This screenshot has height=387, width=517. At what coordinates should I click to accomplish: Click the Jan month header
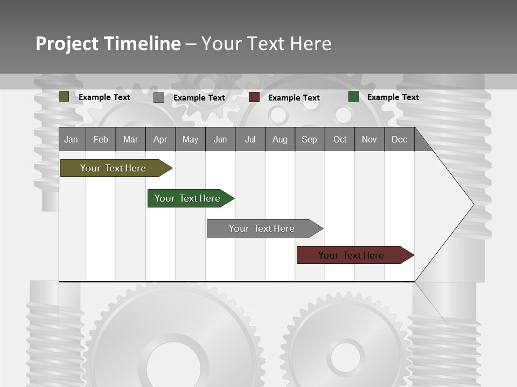(72, 139)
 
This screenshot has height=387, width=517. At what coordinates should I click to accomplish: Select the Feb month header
(101, 139)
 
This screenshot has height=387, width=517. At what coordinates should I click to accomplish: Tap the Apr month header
(160, 139)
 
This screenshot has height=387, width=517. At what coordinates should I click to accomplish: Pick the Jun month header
(220, 139)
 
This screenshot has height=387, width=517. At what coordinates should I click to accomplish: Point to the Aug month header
(280, 139)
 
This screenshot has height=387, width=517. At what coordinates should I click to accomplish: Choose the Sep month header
(309, 139)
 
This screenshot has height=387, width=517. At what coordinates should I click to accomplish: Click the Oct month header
(340, 139)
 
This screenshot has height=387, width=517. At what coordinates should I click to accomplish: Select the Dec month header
(399, 139)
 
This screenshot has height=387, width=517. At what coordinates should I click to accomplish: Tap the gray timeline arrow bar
(262, 228)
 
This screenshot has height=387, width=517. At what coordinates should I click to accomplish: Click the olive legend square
(64, 97)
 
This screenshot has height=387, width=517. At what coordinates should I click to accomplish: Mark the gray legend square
(159, 97)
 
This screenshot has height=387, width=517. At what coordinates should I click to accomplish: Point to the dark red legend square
(254, 97)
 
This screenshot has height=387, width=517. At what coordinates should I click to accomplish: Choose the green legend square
(354, 97)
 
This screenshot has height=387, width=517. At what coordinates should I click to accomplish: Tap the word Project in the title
(67, 44)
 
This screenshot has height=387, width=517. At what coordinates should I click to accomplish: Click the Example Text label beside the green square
(393, 97)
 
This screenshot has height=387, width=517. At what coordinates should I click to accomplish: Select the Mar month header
(130, 139)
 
